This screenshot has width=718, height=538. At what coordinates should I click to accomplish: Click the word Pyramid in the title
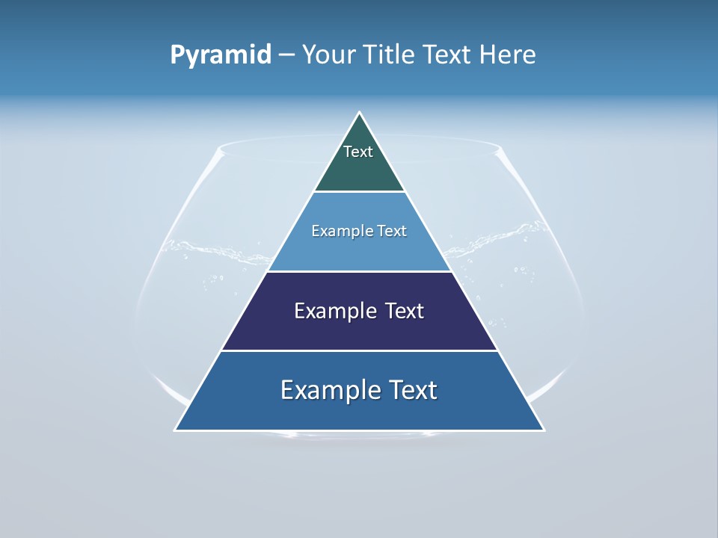pyautogui.click(x=221, y=55)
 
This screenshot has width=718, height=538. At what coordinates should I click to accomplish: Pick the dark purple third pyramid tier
pyautogui.click(x=359, y=329)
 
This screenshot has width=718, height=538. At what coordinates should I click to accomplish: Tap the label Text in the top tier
pyautogui.click(x=358, y=152)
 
